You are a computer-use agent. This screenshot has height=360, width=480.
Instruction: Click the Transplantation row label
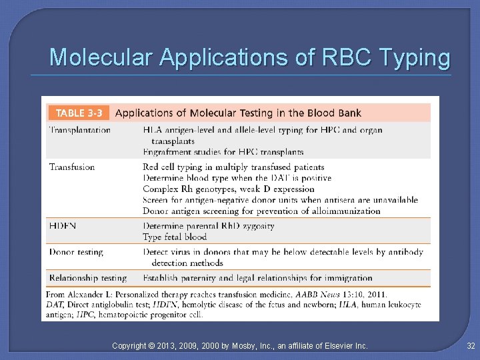tap(80, 130)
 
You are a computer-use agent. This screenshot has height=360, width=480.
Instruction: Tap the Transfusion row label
tap(72, 167)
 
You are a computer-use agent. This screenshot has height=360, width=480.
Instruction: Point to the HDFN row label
tap(63, 226)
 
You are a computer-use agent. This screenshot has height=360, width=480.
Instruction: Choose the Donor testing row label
tap(76, 252)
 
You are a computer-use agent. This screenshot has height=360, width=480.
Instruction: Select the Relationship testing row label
tap(87, 278)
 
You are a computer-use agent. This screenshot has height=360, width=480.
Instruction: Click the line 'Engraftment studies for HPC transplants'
tap(223, 152)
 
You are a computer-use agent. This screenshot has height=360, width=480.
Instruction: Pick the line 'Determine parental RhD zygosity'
tap(208, 226)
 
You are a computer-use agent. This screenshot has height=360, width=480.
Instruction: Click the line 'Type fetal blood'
tap(175, 237)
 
